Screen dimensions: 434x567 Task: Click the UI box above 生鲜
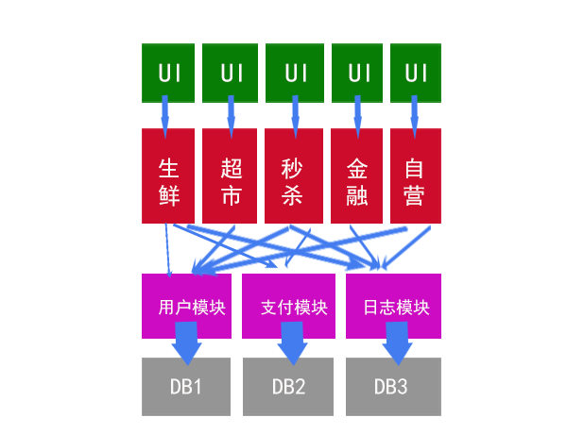click(168, 73)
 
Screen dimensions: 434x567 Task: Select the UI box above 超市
click(231, 73)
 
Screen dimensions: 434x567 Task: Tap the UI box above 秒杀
click(296, 73)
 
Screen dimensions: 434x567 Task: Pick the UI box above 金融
click(358, 73)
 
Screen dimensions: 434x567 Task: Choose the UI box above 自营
click(415, 73)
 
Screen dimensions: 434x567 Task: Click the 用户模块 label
click(192, 307)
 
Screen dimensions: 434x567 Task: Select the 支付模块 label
click(294, 307)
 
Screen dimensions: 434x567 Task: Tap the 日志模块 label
click(396, 307)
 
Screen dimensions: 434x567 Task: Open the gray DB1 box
click(186, 387)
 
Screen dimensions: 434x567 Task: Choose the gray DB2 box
click(288, 387)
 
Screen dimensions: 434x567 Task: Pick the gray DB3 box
click(392, 387)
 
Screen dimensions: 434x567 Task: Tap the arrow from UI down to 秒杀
click(295, 116)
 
